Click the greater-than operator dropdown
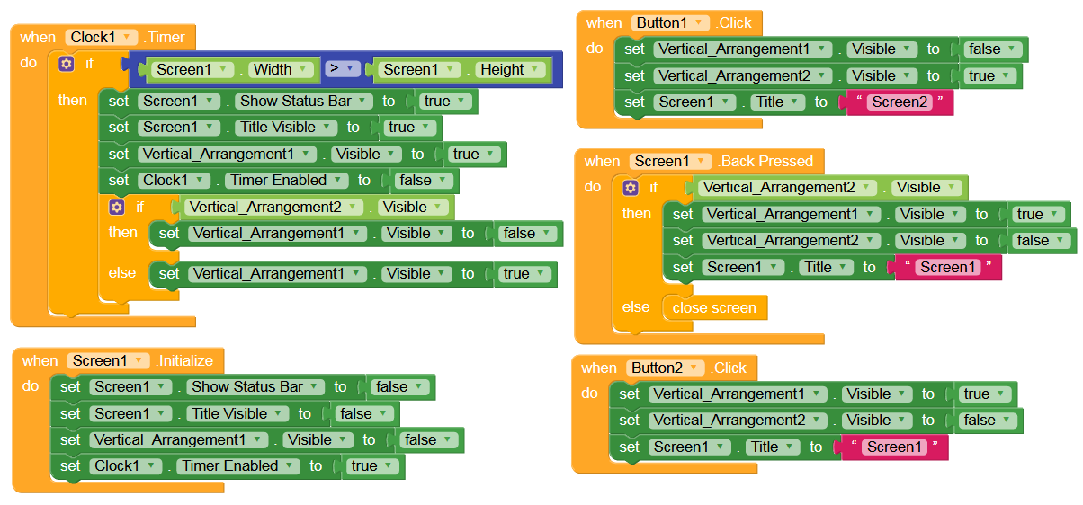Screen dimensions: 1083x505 (x=342, y=68)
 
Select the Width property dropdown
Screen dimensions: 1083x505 (x=280, y=69)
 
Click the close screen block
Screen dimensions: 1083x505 (x=714, y=307)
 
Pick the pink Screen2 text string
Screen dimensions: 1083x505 (x=900, y=102)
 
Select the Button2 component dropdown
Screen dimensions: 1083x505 (x=666, y=368)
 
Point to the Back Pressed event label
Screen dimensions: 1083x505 (x=766, y=161)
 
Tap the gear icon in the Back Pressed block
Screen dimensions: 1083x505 (x=630, y=187)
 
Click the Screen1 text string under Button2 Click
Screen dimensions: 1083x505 (x=894, y=447)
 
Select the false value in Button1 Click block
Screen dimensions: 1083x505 (x=990, y=49)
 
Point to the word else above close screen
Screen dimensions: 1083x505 (x=636, y=307)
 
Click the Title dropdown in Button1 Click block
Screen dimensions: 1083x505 (x=777, y=102)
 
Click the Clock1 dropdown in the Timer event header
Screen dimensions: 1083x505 (x=101, y=37)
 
